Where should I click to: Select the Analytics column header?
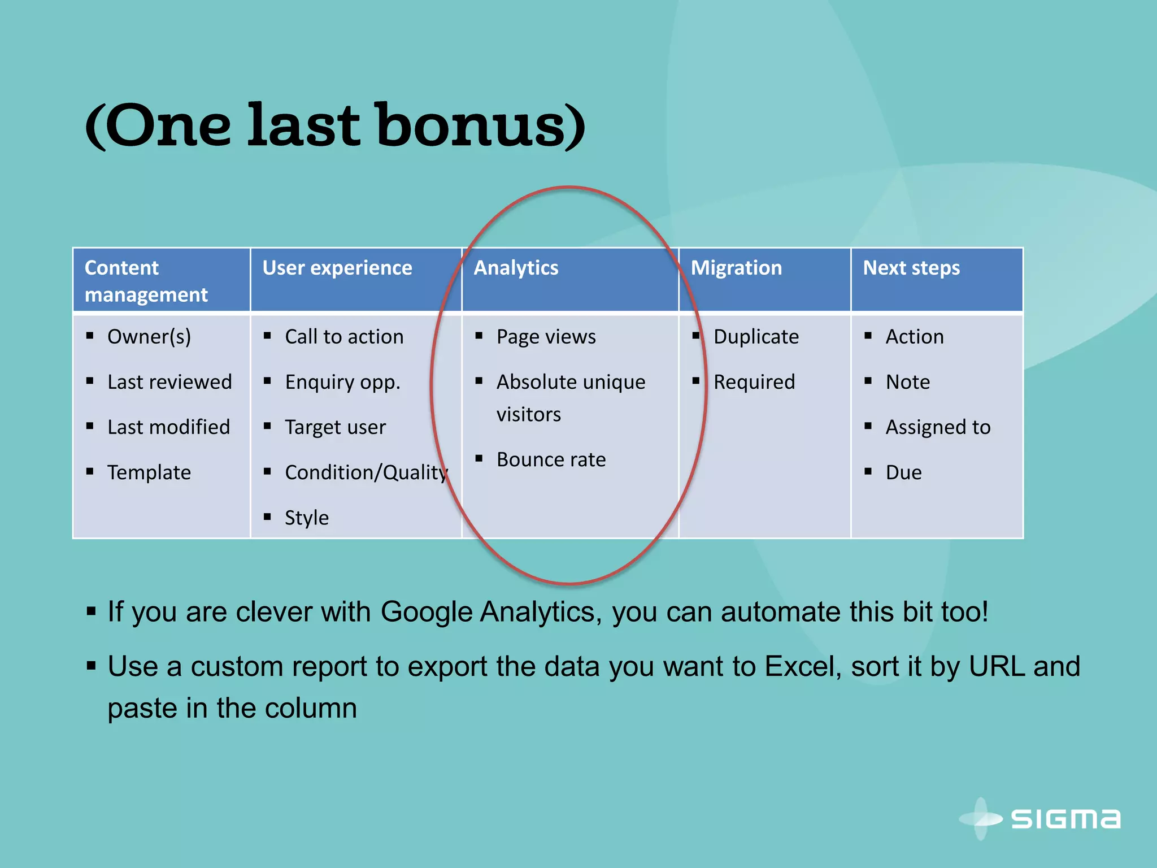click(516, 268)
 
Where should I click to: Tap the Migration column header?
click(736, 268)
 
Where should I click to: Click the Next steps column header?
click(911, 268)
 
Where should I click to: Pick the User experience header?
click(337, 268)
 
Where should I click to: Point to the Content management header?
click(146, 281)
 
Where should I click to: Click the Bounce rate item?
click(551, 460)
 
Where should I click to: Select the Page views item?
click(546, 337)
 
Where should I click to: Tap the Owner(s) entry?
click(149, 337)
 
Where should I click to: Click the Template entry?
click(149, 472)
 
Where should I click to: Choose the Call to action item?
click(344, 337)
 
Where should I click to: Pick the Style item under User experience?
click(306, 518)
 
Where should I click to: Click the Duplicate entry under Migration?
click(756, 337)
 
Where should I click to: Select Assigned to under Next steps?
click(938, 427)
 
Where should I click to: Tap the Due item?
click(903, 472)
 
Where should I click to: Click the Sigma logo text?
click(1065, 819)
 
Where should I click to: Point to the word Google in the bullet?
click(427, 612)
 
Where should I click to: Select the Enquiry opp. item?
click(342, 383)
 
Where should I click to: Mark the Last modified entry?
click(168, 427)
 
